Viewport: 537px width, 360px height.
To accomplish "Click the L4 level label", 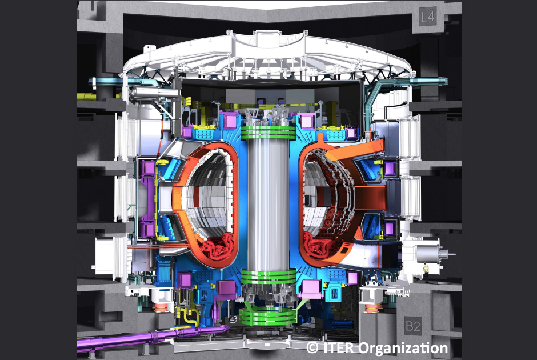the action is click(428, 16).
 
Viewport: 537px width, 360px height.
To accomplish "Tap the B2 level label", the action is click(412, 326).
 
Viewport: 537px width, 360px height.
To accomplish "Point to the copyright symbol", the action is click(312, 347).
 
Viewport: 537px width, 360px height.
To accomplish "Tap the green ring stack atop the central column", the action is click(268, 133).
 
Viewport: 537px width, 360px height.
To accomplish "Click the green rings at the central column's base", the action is click(268, 276).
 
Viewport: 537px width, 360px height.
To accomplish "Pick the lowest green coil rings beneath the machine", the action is click(267, 316).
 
